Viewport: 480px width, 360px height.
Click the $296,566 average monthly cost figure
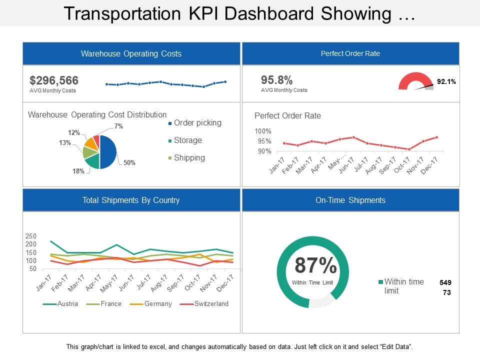[54, 80]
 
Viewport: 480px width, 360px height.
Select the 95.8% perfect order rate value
[277, 80]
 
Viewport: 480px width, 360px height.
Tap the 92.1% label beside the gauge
[446, 81]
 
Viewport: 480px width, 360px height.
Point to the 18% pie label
[79, 171]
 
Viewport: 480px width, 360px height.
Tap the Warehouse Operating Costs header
[131, 53]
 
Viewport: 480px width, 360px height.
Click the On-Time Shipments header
[350, 200]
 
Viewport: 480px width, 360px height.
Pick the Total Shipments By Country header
[131, 200]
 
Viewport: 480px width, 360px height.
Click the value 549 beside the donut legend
[445, 282]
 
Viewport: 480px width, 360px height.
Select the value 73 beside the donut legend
[447, 293]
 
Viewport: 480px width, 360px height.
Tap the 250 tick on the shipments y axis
[31, 236]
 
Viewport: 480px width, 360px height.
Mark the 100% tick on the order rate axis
[263, 131]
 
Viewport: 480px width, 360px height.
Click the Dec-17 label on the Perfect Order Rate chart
[430, 164]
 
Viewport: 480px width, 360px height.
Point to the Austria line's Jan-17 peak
[51, 241]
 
